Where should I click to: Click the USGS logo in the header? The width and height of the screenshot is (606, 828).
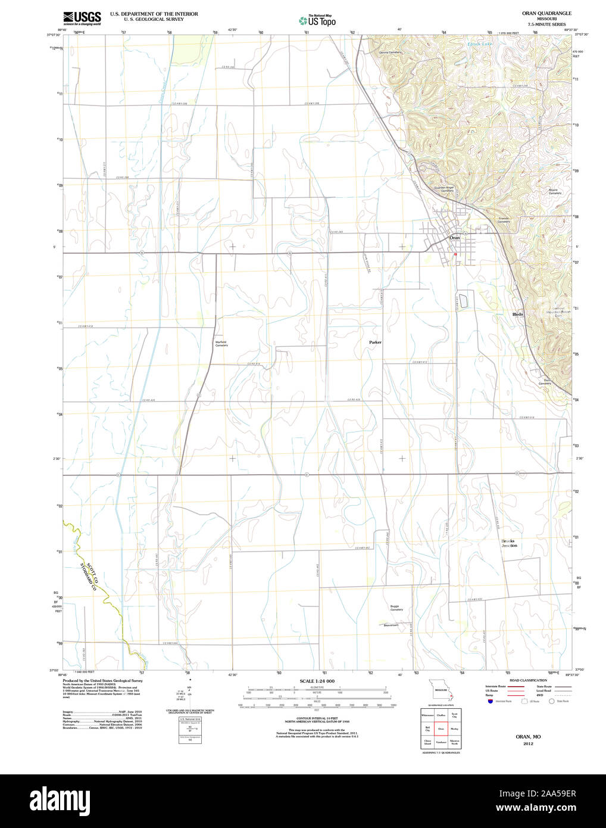click(x=82, y=18)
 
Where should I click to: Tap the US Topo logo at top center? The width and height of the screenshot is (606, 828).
click(x=317, y=21)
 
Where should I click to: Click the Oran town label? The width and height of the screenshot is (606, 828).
click(x=454, y=238)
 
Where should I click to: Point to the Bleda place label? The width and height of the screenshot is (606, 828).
click(x=518, y=314)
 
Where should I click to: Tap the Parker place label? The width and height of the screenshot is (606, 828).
click(x=375, y=343)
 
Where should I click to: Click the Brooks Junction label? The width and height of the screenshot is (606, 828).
click(x=509, y=543)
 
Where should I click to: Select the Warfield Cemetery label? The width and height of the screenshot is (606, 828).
click(x=221, y=344)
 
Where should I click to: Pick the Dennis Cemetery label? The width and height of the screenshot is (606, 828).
click(x=391, y=52)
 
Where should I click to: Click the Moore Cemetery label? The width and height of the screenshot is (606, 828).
click(x=554, y=192)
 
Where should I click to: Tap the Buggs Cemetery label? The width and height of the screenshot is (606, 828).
click(x=396, y=608)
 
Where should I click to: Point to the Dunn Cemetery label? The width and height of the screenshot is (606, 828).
click(x=545, y=382)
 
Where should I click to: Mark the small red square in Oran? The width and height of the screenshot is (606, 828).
click(x=455, y=254)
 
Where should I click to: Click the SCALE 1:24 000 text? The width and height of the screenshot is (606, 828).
click(x=317, y=681)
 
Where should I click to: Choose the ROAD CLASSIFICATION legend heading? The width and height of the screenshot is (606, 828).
click(x=528, y=680)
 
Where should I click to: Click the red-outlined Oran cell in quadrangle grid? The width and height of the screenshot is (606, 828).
click(x=441, y=729)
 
